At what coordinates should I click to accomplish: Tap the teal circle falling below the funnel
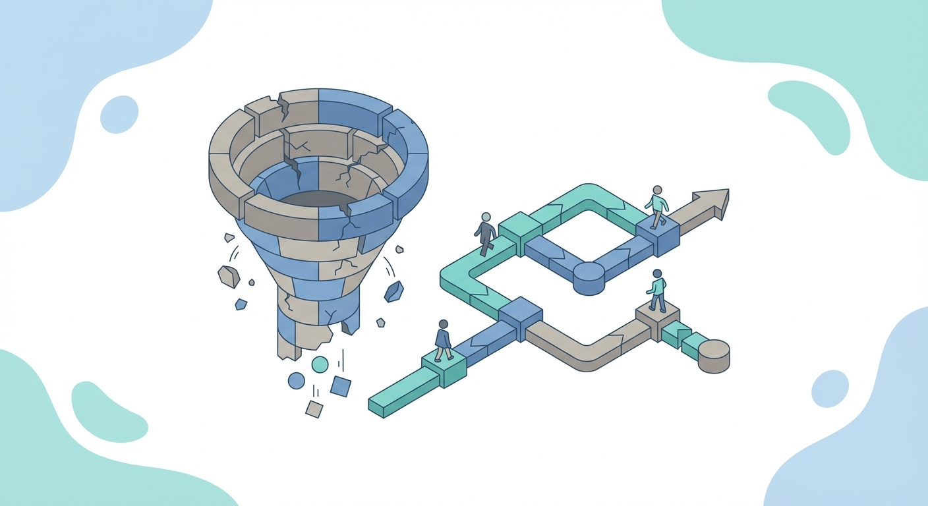coord(320,364)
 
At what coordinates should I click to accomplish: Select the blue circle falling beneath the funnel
coord(297,380)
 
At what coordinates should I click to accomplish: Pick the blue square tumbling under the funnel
coord(340,386)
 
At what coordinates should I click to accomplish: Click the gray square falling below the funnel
coord(314,408)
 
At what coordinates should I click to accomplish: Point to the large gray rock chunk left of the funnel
coord(229,276)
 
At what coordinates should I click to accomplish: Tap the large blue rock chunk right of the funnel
coord(394,291)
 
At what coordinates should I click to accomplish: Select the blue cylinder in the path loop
coord(589,277)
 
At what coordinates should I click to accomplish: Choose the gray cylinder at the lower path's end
coord(713,356)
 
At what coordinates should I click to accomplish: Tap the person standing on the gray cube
coord(656,290)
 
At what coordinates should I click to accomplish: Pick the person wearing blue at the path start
coord(443,340)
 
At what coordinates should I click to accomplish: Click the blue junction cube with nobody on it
coord(520,316)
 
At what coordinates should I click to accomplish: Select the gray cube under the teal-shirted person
coord(657,320)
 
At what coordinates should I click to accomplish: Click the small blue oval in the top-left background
coord(119,114)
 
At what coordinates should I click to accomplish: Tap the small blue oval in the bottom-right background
coord(830,388)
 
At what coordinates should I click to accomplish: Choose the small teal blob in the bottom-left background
coord(108,412)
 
